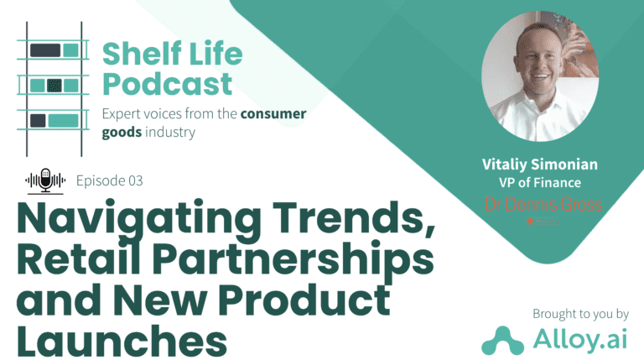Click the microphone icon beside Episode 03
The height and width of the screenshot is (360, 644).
coord(45,180)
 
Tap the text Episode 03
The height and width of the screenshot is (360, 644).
coord(109,180)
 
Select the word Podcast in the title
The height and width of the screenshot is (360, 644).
coord(167,84)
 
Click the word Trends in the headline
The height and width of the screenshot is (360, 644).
coord(354,218)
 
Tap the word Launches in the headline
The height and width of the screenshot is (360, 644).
coord(122,341)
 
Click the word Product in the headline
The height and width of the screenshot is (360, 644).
coord(304,300)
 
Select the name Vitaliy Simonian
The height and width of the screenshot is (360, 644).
coord(540,164)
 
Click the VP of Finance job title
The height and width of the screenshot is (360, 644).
coord(540,182)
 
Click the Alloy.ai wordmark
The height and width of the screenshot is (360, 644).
coord(580,339)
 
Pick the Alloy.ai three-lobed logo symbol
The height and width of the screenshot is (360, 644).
coord(503,341)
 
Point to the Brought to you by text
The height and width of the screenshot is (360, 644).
coord(580,314)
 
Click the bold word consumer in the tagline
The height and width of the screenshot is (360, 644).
coord(273,113)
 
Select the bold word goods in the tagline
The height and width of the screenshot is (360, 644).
coord(122,133)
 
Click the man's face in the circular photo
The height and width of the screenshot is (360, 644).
coord(538,60)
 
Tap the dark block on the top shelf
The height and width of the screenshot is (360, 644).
coord(45,50)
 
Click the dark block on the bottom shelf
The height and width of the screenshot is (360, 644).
coord(38,120)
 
